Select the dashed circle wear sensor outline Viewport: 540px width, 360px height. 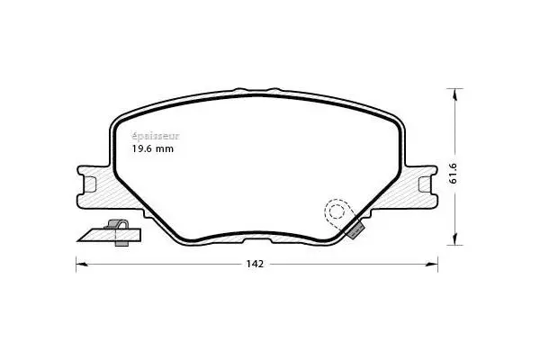[x=337, y=212]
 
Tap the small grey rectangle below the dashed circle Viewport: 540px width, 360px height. [x=355, y=230]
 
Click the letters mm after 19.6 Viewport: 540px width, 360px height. [x=165, y=149]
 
